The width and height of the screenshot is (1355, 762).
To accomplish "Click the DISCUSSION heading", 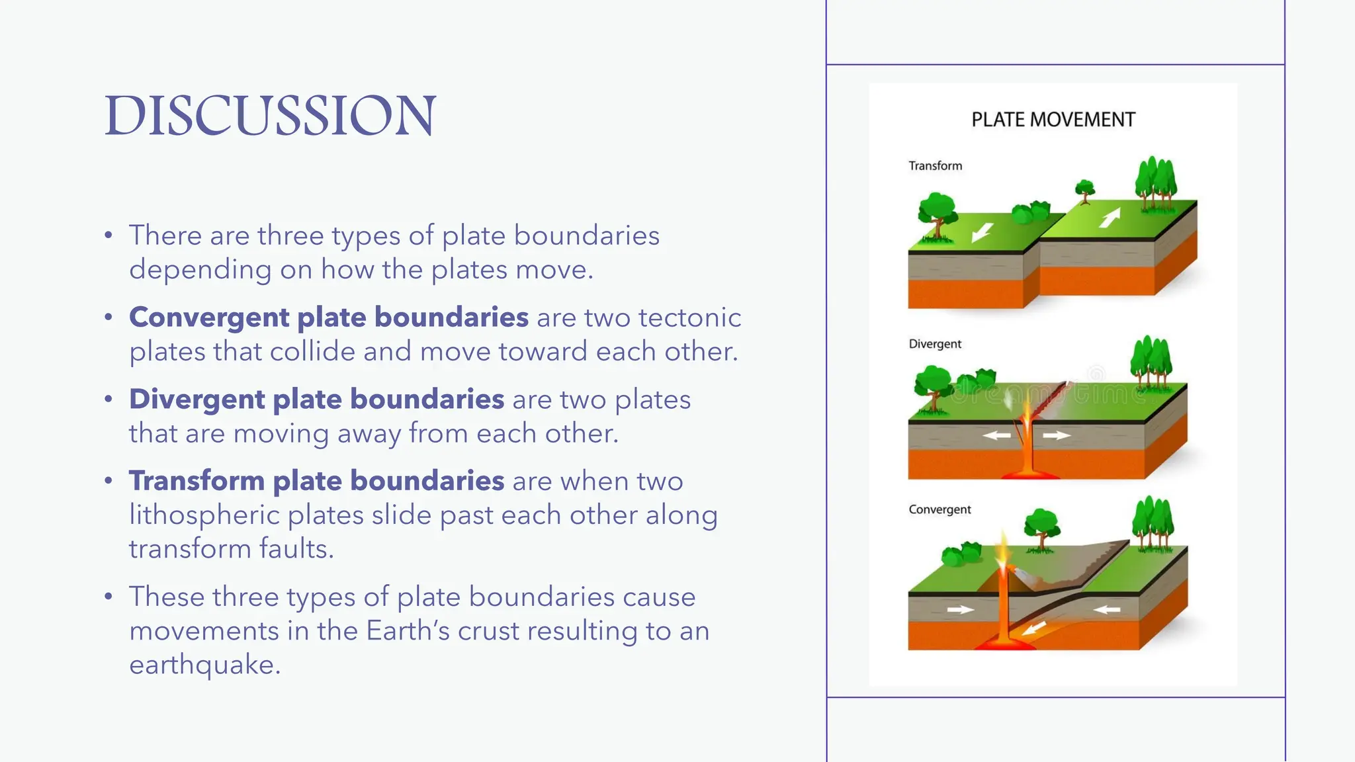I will pos(270,115).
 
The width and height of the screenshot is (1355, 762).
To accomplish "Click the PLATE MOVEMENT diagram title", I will pos(1053,120).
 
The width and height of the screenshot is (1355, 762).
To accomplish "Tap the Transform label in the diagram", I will pos(935,166).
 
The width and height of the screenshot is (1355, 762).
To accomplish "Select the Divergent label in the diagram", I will pos(934,344).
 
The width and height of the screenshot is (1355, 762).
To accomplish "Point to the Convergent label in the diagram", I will pos(940,509).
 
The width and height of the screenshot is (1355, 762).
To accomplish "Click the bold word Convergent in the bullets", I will pos(208,317).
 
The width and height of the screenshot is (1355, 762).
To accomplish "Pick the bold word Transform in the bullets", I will pos(197,481).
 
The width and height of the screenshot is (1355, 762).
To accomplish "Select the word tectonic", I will pos(689,317).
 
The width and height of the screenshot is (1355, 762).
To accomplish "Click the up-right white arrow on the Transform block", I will pos(1110,218).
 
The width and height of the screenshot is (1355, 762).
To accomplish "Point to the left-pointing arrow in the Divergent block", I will pos(996,435).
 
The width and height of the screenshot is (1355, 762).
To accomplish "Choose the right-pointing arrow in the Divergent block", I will pos(1057,435).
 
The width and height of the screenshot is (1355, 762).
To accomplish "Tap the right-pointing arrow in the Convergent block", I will pos(960,610).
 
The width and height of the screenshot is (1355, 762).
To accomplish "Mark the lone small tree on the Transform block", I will pos(1084,190).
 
